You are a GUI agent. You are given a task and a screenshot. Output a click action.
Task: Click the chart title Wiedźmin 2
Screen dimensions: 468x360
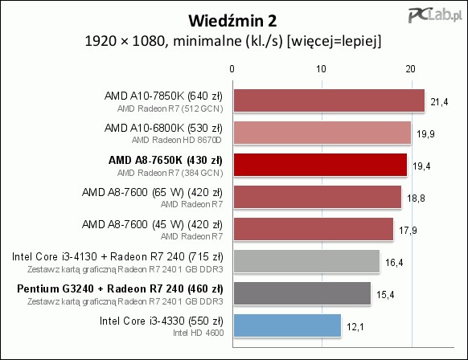point(232,21)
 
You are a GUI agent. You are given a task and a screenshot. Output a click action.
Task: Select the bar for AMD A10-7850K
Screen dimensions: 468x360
point(329,100)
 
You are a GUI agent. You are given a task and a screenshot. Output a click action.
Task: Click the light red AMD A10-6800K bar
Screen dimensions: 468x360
point(322,133)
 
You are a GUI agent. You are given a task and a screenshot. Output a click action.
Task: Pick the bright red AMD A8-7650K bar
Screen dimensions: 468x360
point(320,165)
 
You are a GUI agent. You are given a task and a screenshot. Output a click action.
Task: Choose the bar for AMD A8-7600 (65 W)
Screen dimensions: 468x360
point(318,197)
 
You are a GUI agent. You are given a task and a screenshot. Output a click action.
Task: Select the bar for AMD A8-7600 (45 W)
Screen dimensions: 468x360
point(314,229)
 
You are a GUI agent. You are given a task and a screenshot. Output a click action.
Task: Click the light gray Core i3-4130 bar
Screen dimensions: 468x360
point(307,261)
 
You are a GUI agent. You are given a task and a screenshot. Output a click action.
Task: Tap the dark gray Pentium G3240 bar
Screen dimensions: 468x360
point(302,293)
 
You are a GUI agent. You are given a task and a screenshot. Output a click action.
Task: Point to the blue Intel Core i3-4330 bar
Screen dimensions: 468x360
point(287,325)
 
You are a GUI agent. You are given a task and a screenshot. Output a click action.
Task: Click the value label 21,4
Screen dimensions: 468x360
point(439,102)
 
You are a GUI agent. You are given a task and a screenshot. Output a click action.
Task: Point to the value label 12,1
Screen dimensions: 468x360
point(355,327)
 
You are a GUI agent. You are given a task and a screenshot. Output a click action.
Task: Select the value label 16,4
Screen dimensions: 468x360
point(394,263)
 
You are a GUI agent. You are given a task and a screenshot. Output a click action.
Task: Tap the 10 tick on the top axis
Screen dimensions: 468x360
point(322,69)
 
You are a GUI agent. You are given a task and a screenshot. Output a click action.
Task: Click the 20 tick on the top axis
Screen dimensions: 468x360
point(410,69)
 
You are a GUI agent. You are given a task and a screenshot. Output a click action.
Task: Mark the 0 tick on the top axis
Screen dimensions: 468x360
point(232,69)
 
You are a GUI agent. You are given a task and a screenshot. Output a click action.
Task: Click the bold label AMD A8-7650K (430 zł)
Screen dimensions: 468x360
point(166,161)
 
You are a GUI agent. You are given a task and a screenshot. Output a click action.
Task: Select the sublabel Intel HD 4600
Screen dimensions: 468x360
point(198,333)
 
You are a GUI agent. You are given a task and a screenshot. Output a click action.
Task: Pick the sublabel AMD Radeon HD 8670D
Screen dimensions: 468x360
point(177,140)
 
